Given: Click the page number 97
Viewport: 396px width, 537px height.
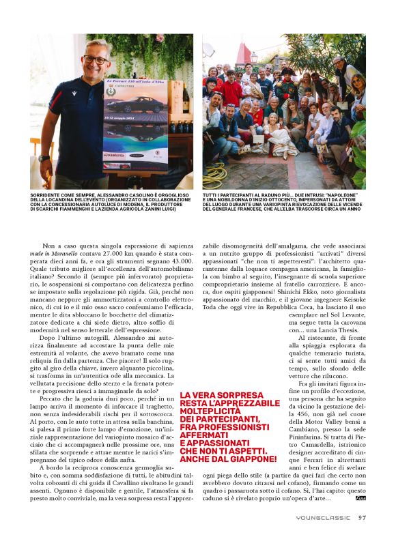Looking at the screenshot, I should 363,517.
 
